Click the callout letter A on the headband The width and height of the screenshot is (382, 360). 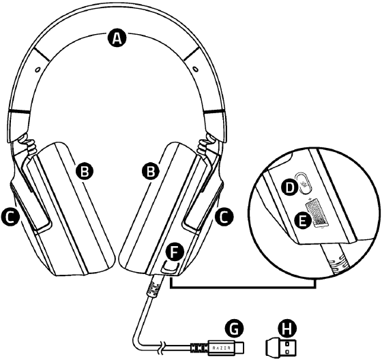(117, 38)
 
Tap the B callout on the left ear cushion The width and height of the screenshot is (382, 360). (85, 171)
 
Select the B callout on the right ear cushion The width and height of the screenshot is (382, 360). (151, 171)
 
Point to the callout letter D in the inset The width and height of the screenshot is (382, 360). (290, 187)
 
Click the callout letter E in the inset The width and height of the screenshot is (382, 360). (303, 220)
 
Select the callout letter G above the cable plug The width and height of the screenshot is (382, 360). (235, 329)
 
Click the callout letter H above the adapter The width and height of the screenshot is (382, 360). (287, 329)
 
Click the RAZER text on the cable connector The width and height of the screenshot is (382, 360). (222, 348)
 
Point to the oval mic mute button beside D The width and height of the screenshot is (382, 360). (304, 183)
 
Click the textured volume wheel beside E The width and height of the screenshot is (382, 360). (316, 212)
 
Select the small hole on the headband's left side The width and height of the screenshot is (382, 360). (37, 70)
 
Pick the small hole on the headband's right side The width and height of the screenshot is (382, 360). (195, 68)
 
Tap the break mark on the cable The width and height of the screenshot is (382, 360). (162, 346)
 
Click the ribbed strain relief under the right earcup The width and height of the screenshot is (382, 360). (153, 288)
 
